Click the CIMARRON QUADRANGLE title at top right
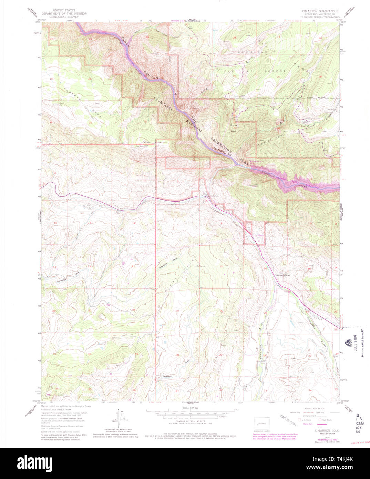click(x=320, y=11)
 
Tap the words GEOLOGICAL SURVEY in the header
click(x=64, y=17)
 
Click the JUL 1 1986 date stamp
click(x=354, y=347)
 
